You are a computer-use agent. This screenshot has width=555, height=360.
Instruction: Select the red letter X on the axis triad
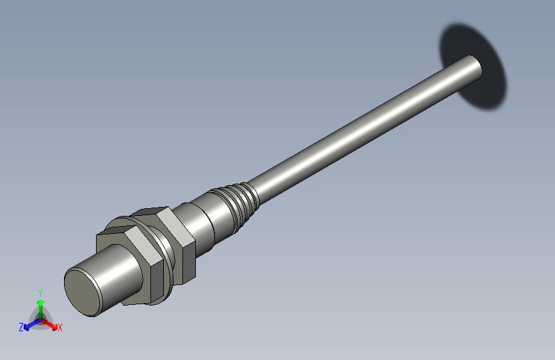point(60,327)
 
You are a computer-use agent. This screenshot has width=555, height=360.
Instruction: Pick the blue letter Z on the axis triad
point(21,327)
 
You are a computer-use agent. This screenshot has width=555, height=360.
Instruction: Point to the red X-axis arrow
point(50,323)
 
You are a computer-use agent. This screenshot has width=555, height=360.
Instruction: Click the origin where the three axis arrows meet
point(40,318)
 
